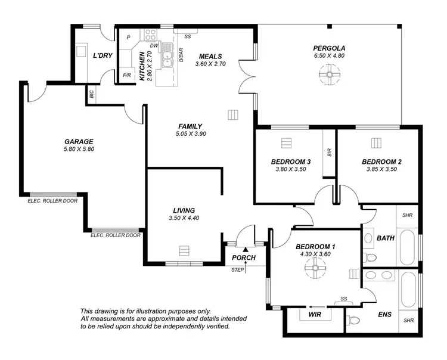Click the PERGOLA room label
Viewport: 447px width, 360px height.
coord(329,48)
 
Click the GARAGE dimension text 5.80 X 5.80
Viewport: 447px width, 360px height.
coord(79,149)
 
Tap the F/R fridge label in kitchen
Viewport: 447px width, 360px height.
coord(127,76)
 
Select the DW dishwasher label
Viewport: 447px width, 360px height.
coord(154,45)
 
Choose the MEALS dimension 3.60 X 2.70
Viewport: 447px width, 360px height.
coord(211,64)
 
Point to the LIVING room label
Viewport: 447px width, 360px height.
coord(184,210)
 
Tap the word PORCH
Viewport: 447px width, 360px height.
coord(244,257)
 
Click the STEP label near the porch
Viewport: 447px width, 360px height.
coord(237,270)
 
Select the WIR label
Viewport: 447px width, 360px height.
coord(315,314)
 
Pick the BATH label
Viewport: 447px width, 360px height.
coord(386,238)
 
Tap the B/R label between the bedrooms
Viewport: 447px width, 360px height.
coord(328,153)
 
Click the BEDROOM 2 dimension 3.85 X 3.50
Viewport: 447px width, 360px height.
coord(381,169)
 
